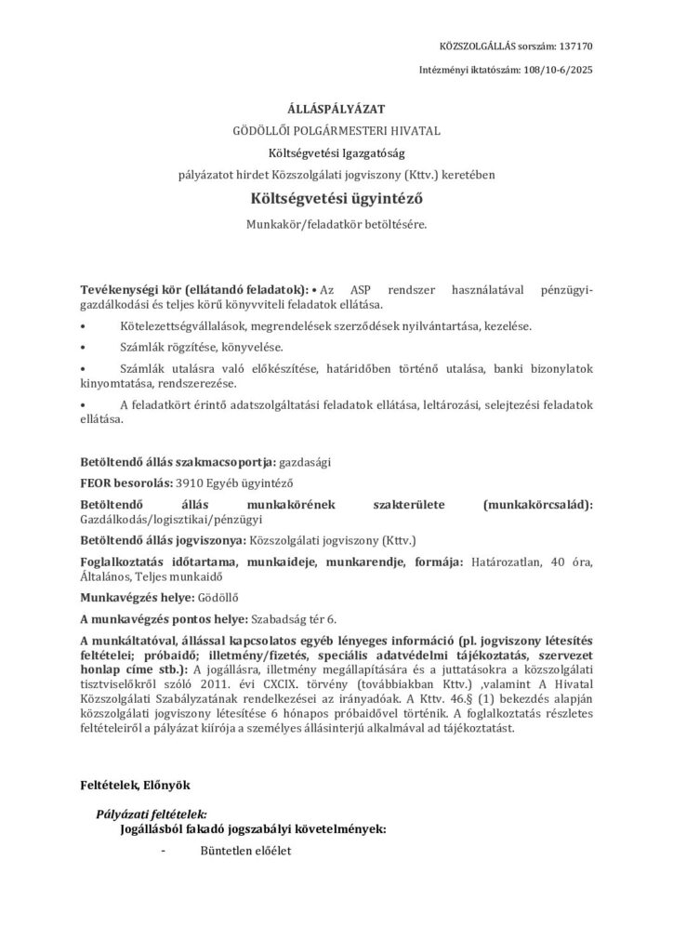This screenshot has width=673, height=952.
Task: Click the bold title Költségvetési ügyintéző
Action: (x=336, y=197)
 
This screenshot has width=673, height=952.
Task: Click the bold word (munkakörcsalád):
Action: (x=537, y=504)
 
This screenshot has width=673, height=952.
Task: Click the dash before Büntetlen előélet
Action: (x=165, y=849)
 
